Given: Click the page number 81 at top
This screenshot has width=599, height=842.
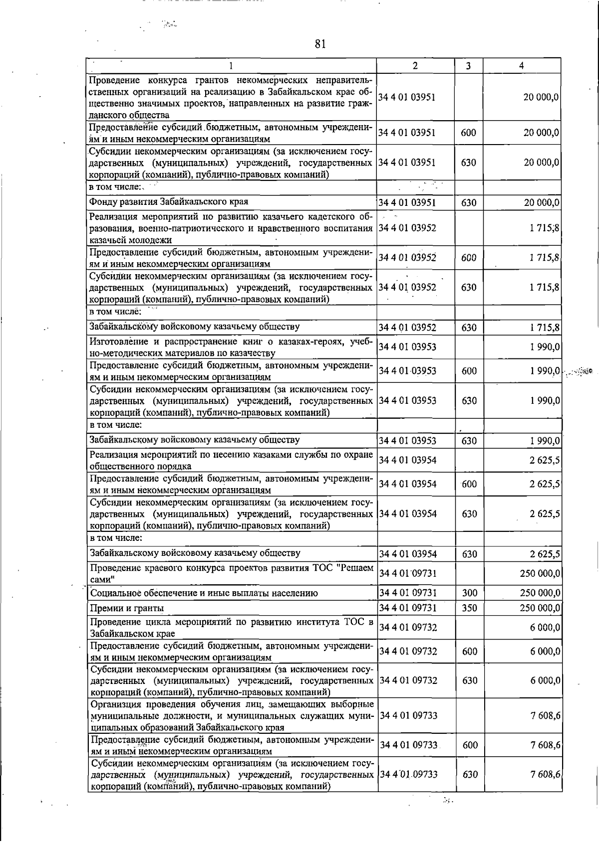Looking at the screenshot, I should pyautogui.click(x=320, y=44).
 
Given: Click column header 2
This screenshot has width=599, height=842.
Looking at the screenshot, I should pyautogui.click(x=415, y=66).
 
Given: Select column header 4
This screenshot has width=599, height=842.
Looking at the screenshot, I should pyautogui.click(x=521, y=66).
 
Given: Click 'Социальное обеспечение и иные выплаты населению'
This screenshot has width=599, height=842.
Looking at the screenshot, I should pyautogui.click(x=204, y=593).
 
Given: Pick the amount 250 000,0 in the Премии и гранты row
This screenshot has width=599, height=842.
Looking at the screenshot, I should pyautogui.click(x=540, y=608).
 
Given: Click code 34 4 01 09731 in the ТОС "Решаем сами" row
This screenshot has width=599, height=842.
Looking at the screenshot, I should pyautogui.click(x=408, y=573).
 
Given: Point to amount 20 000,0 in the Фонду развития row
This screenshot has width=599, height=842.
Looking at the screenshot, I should pyautogui.click(x=541, y=202).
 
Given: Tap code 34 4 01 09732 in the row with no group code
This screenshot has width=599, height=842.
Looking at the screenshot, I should pyautogui.click(x=408, y=628).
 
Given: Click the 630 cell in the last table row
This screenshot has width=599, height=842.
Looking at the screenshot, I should pyautogui.click(x=470, y=774).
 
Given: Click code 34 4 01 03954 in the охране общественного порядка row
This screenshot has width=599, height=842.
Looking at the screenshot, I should pyautogui.click(x=408, y=460).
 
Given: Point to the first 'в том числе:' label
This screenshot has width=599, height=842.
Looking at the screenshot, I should pyautogui.click(x=115, y=187).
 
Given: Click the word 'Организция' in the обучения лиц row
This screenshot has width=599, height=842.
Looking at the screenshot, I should pyautogui.click(x=116, y=704).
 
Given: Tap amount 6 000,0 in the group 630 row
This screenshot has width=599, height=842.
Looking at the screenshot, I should pyautogui.click(x=545, y=680).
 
